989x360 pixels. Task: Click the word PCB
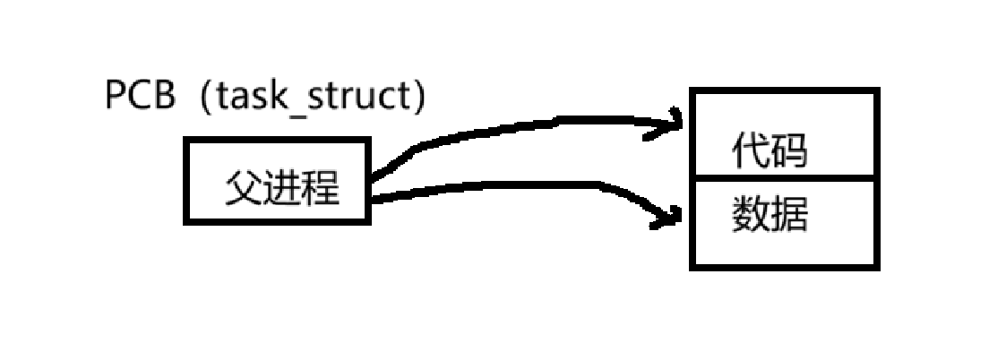click(140, 97)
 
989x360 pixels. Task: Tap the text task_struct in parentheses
click(309, 97)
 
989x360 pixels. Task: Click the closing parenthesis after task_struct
click(417, 98)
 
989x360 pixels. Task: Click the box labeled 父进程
click(277, 180)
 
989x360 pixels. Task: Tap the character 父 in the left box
click(241, 188)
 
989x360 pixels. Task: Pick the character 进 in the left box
click(281, 188)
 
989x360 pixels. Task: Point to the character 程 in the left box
click(321, 188)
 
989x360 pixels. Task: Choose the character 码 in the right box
click(788, 152)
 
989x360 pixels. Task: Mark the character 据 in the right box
click(788, 215)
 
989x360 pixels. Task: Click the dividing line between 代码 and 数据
click(785, 177)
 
